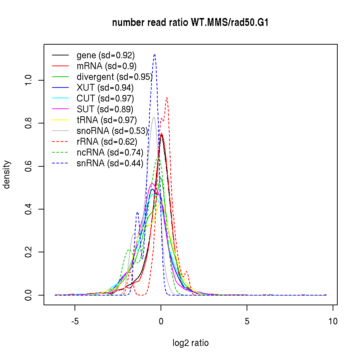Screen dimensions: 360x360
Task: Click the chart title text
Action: coord(190,23)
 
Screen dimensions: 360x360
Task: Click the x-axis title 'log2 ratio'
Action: coord(190,343)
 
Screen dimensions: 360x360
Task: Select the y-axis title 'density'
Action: coord(7,174)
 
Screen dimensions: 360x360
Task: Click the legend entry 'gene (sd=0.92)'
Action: coord(105,55)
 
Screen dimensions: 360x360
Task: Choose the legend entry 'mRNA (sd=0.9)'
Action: coord(107,66)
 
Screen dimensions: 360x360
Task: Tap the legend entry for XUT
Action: coord(105,88)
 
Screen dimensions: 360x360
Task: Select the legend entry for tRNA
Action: coord(107,120)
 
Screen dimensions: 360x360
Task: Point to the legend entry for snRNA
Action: coord(110,163)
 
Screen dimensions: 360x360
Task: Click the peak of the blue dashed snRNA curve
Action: coord(154,54)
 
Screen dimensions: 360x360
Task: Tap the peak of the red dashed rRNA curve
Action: coord(167,97)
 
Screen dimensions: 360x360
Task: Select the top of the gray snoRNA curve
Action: coord(154,117)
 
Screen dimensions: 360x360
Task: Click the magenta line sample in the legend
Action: coord(60,109)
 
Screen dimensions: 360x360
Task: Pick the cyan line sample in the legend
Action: coord(60,99)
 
